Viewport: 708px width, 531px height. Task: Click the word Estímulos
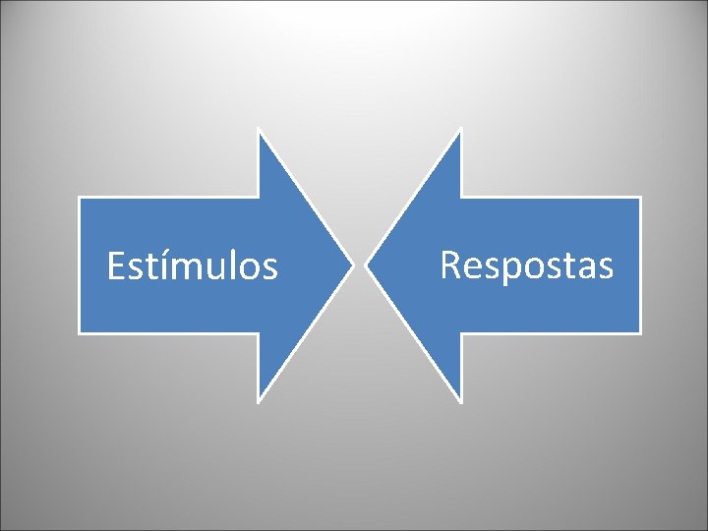pyautogui.click(x=192, y=266)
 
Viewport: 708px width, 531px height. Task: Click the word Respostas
pyautogui.click(x=526, y=265)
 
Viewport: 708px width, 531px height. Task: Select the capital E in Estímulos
pyautogui.click(x=116, y=266)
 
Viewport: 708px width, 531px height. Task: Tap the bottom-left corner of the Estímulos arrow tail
pyautogui.click(x=80, y=332)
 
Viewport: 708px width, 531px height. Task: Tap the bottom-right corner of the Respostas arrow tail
pyautogui.click(x=639, y=332)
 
